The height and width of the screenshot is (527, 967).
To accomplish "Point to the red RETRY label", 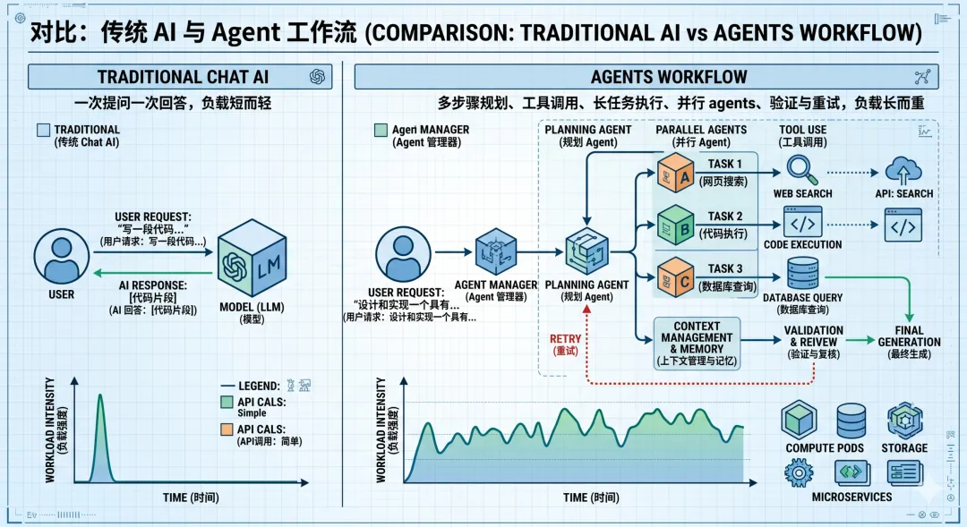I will [565, 344].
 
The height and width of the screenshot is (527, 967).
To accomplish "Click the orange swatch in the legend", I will [226, 429].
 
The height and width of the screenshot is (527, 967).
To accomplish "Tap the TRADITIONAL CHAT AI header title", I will [170, 77].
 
